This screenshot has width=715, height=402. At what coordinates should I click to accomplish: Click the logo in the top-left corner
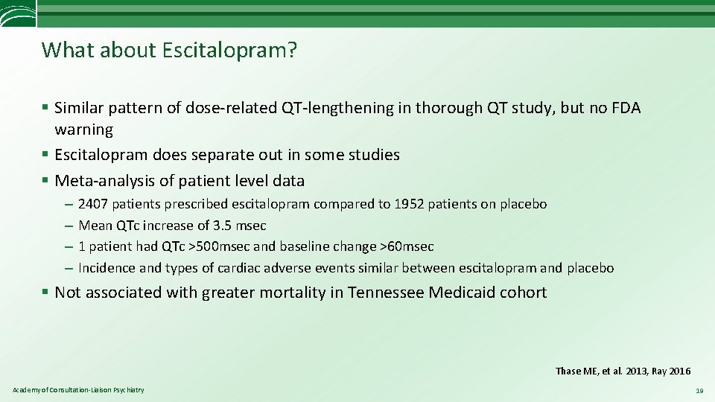tap(16, 13)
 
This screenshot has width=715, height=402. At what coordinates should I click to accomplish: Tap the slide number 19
tap(699, 391)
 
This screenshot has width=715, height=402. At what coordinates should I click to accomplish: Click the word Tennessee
tap(386, 293)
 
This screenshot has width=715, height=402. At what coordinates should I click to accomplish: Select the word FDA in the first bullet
tap(625, 108)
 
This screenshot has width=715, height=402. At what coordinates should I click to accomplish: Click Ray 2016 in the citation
tap(670, 371)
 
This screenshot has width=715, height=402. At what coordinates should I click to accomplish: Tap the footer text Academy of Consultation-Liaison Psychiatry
tap(78, 390)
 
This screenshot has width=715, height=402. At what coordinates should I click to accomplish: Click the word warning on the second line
tap(83, 130)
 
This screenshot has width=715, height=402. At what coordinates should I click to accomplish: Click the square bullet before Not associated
tap(46, 293)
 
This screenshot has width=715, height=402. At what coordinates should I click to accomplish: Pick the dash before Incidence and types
tap(68, 268)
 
